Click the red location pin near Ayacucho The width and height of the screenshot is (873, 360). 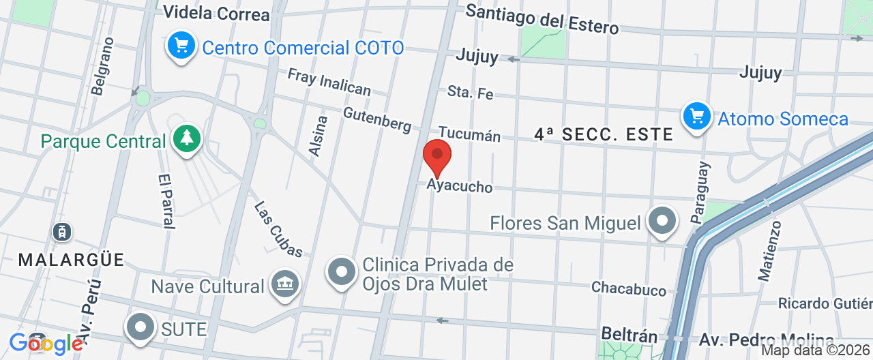437,157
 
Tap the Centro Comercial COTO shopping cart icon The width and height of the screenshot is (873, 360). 181,46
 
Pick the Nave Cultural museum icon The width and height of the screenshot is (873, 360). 285,284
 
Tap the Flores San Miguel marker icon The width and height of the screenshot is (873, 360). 662,221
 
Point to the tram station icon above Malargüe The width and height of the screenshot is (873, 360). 62,232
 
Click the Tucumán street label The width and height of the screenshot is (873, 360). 469,134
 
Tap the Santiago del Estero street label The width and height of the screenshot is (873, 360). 542,18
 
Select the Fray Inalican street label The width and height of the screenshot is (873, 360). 329,82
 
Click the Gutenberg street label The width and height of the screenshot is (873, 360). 377,119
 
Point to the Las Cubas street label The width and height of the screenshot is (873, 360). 278,229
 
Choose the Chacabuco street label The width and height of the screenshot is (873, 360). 628,288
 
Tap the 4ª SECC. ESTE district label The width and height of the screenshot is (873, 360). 604,134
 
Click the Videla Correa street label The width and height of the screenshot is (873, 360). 217,13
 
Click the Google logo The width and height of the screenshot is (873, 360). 46,344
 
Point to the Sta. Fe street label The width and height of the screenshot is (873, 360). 470,92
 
